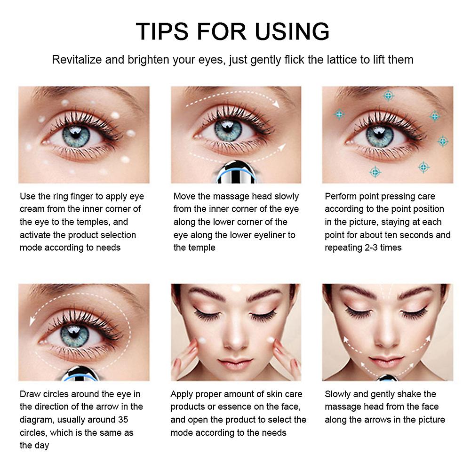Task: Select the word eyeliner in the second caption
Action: pos(267,235)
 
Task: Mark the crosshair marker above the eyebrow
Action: pos(388,96)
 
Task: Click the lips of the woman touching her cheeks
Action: pos(236,363)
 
